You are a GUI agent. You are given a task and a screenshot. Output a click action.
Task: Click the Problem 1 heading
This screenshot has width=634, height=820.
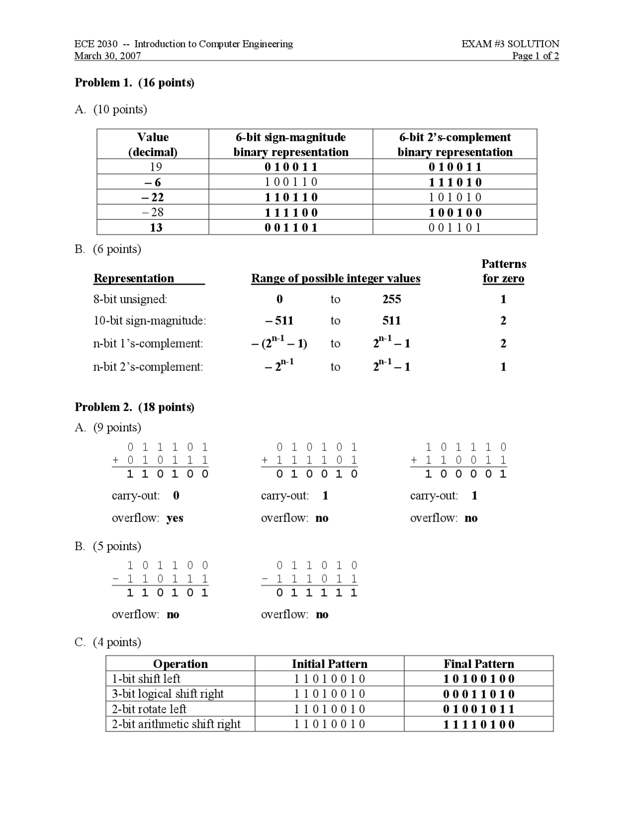(134, 83)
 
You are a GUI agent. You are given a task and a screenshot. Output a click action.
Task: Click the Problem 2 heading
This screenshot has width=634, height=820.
(134, 407)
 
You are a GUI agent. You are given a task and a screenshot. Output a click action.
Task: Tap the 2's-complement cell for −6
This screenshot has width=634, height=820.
(455, 182)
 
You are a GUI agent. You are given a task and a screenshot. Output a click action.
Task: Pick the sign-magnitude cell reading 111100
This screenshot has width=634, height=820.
(291, 212)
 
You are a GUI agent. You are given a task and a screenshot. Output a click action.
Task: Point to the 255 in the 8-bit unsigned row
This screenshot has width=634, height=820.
(391, 299)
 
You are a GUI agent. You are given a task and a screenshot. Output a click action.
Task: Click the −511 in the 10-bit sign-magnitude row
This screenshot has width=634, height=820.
(280, 321)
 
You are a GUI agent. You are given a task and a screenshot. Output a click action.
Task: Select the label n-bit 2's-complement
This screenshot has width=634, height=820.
(148, 367)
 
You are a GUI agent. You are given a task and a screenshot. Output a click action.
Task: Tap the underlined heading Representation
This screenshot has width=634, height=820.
(134, 278)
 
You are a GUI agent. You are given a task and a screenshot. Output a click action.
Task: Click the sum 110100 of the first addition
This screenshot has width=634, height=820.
(167, 474)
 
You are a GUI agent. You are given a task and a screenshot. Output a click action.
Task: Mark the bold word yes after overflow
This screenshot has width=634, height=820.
(175, 518)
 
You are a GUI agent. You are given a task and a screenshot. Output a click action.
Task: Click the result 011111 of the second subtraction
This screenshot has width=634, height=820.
(317, 593)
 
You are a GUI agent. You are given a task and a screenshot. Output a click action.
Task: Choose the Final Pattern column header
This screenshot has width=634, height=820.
(478, 664)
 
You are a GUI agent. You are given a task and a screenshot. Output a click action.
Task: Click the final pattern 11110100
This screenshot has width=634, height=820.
(478, 724)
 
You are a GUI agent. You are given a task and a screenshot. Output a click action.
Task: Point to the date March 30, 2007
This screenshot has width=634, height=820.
(107, 56)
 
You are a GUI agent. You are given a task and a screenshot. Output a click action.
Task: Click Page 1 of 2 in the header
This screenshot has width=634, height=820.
(535, 56)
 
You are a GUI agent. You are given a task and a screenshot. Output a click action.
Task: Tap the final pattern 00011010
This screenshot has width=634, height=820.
(478, 694)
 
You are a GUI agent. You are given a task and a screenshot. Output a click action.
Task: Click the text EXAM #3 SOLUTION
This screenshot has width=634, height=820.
(510, 44)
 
